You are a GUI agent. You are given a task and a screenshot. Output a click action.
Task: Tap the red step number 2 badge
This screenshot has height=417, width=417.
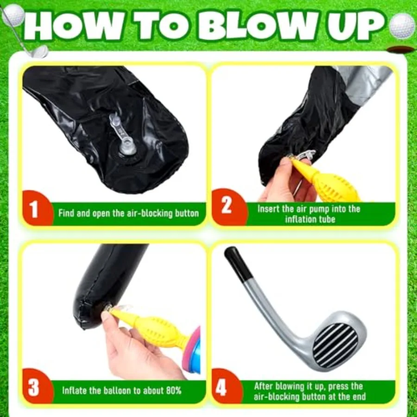coord(226,206)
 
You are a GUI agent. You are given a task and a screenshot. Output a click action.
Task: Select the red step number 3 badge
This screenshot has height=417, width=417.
coord(34,388)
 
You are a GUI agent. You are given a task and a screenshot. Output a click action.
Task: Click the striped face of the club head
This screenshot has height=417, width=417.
coord(335,343)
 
